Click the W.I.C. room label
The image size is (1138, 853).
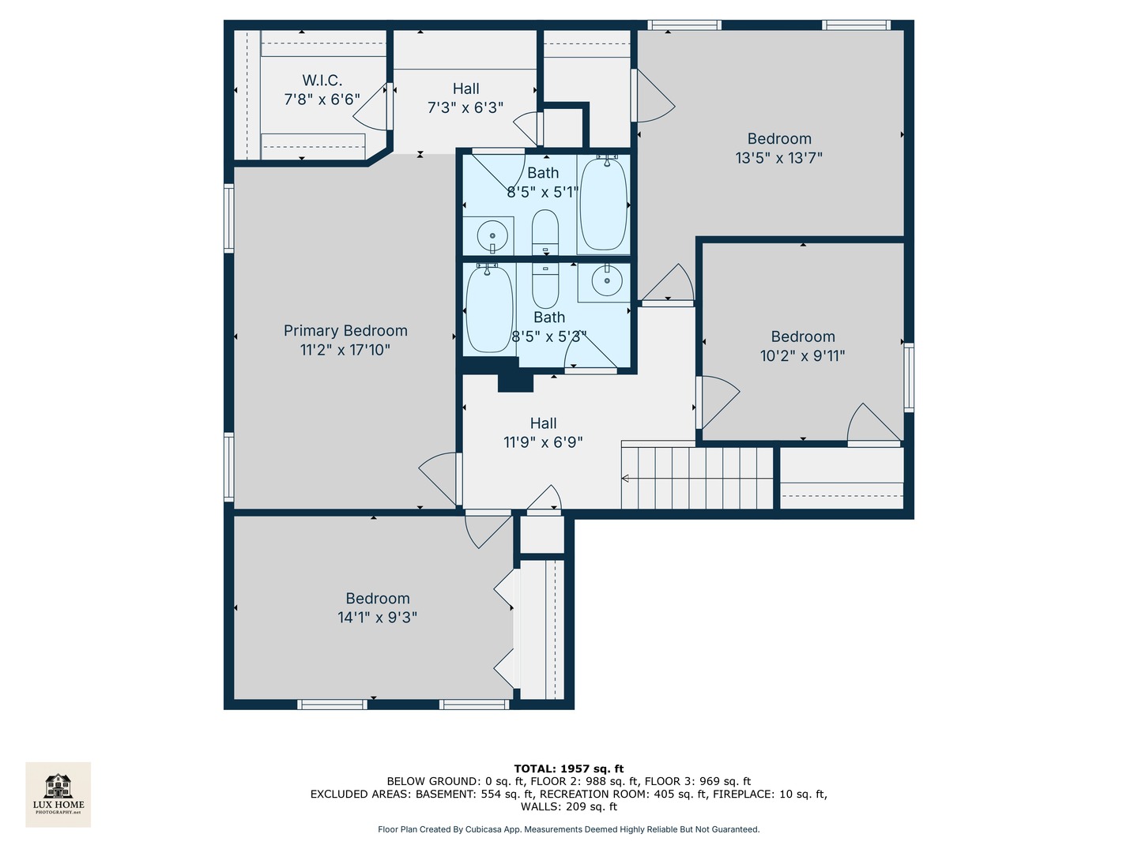coord(322,81)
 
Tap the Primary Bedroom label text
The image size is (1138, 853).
coord(345,331)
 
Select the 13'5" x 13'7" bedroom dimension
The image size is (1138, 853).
coord(778,158)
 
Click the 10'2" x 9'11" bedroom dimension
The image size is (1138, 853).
coord(802,356)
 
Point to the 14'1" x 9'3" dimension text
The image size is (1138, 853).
coord(377,618)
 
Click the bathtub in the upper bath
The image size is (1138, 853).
coord(604,203)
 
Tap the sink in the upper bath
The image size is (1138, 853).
coord(492,235)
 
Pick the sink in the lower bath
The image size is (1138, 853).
coord(607,280)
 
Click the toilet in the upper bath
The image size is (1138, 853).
coord(545,232)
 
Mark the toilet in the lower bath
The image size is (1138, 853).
coord(545,286)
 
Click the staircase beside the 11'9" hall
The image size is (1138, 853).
coord(696,478)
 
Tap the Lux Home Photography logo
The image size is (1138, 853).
coord(58,794)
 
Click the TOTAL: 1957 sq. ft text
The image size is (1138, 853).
coord(568,768)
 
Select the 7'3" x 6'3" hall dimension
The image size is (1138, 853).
coord(465,108)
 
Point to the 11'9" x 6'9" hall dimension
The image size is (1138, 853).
coord(543,442)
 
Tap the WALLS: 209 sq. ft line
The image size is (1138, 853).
coord(568,807)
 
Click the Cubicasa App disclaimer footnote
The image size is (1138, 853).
coord(568,829)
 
